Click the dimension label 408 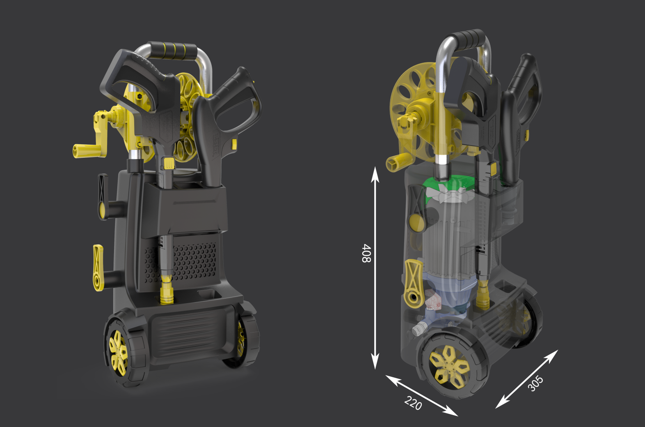[x=366, y=253]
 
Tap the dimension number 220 [x=413, y=403]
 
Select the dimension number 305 [x=535, y=383]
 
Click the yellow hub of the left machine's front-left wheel [x=118, y=353]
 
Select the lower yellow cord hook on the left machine [x=98, y=268]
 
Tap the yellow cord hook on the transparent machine [x=414, y=283]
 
